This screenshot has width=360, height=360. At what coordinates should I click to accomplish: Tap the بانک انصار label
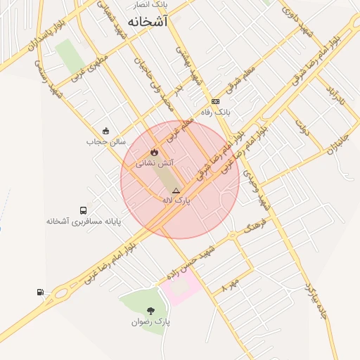161,5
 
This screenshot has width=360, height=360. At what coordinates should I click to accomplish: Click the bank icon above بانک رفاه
215,101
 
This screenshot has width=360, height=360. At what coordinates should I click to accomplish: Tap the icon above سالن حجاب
105,131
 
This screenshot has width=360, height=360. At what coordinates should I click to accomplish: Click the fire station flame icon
154,152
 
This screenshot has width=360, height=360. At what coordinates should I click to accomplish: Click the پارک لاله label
176,200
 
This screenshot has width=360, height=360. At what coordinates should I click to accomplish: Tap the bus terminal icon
84,210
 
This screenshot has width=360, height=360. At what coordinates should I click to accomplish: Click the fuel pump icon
40,292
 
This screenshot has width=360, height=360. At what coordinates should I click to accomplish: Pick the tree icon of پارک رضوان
150,310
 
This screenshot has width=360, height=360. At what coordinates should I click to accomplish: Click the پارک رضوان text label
150,321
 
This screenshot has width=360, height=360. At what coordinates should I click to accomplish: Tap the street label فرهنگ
254,226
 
